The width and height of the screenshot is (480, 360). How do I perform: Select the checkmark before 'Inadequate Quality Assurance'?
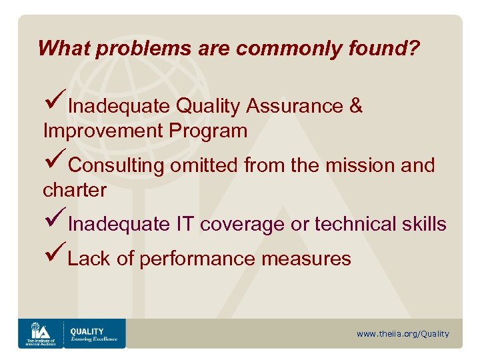click(54, 104)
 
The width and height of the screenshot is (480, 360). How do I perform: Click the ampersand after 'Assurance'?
click(355, 106)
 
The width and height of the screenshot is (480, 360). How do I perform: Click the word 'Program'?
click(208, 131)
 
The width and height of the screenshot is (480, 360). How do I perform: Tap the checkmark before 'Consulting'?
click(54, 163)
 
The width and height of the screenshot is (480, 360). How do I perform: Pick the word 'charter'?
click(75, 191)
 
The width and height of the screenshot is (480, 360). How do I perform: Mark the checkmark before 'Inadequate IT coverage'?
click(54, 222)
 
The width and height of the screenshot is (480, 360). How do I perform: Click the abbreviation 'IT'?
click(185, 225)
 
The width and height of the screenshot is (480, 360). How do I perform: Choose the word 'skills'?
click(427, 225)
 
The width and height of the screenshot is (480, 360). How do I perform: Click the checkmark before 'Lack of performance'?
click(54, 256)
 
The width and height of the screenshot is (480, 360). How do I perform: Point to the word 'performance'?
click(197, 259)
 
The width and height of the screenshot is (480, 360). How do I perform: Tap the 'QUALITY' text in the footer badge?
click(87, 331)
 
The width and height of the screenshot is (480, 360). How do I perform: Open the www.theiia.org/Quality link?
click(403, 333)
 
